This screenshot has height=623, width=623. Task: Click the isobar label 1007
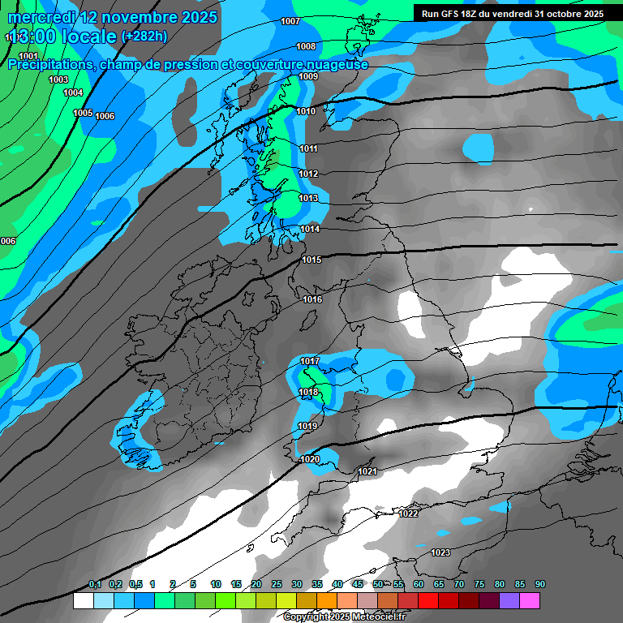[x=290, y=22]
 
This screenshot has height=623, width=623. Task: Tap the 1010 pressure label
[x=306, y=112]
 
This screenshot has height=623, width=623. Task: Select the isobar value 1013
[x=308, y=199]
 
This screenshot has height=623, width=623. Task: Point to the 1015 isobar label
[x=311, y=260]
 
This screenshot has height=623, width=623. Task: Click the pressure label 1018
[x=308, y=393]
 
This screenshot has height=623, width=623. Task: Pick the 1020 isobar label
[x=309, y=460]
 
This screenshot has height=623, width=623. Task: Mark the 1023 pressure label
[x=440, y=553]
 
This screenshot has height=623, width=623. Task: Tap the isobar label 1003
[x=58, y=80]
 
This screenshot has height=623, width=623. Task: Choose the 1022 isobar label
[x=408, y=513]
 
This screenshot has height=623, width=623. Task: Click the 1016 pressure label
[x=312, y=300]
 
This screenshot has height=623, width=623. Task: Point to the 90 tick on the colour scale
[x=540, y=585]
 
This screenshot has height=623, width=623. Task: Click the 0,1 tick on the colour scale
[x=95, y=585]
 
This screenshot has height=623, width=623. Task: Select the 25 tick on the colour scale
[x=277, y=585]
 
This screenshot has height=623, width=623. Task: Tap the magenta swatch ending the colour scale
[x=530, y=601]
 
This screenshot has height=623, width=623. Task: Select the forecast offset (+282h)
[x=144, y=37]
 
